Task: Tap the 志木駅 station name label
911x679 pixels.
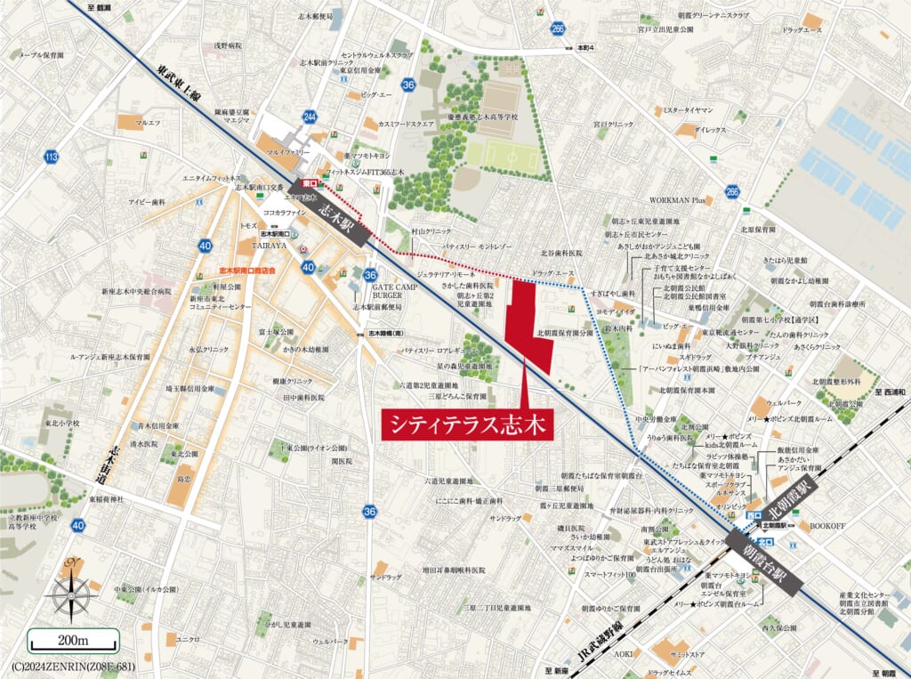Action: pos(336,217)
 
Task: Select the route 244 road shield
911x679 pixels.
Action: pos(310,117)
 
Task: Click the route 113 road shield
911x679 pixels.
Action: pos(51,158)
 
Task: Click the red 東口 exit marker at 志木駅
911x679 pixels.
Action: pos(310,182)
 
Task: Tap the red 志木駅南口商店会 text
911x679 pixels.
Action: pos(247,268)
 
